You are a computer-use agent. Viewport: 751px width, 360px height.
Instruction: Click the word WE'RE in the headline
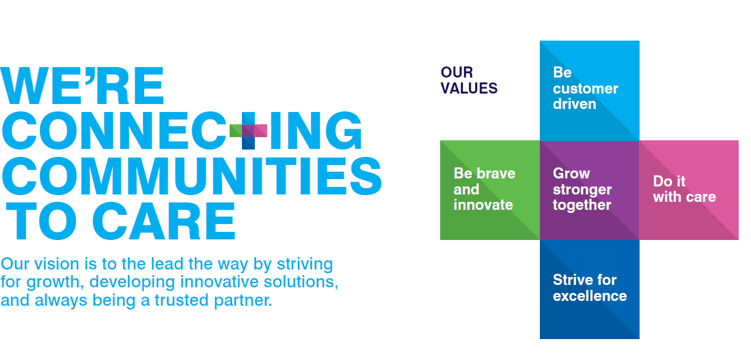[x=82, y=86]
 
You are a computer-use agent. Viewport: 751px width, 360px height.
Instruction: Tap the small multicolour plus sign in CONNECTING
[x=248, y=130]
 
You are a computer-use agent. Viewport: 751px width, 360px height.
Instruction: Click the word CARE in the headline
[x=164, y=221]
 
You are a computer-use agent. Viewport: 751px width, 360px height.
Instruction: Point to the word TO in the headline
[x=41, y=221]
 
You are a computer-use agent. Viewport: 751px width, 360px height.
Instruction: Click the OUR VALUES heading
[x=468, y=81]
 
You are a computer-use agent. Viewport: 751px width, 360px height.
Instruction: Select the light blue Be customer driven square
[x=589, y=90]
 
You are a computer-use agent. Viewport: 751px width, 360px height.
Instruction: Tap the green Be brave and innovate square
[x=490, y=190]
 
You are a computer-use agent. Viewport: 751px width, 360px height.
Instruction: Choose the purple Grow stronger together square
[x=589, y=190]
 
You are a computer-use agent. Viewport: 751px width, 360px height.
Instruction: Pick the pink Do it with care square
[x=689, y=190]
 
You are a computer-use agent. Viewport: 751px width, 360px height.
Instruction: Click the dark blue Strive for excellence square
[x=589, y=289]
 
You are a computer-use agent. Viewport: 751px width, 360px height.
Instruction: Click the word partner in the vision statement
[x=243, y=301]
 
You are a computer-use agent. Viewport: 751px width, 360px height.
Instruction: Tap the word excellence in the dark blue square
[x=590, y=296]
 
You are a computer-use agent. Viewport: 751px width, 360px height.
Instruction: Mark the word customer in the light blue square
[x=585, y=89]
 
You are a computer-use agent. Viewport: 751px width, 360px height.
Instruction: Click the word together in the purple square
[x=582, y=205]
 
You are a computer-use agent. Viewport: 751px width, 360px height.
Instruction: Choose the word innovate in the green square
[x=483, y=205]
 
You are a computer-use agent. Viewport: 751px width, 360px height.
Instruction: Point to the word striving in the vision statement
[x=305, y=265]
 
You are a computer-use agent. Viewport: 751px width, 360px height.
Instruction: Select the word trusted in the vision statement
[x=182, y=300]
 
